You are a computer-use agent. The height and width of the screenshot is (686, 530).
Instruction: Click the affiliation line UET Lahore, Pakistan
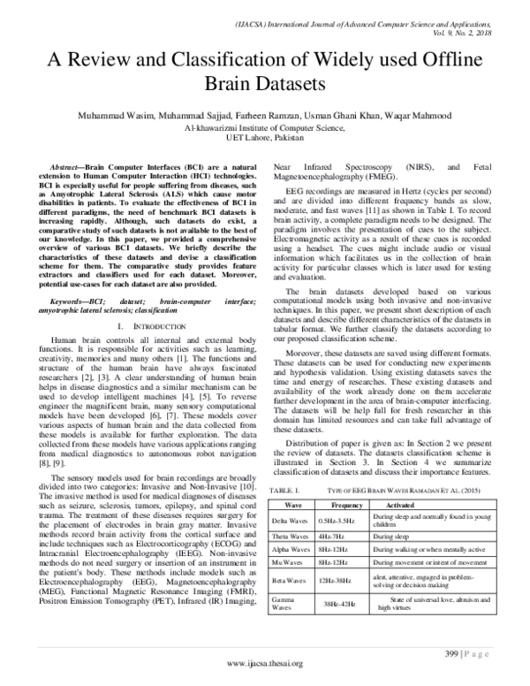pyautogui.click(x=264, y=138)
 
